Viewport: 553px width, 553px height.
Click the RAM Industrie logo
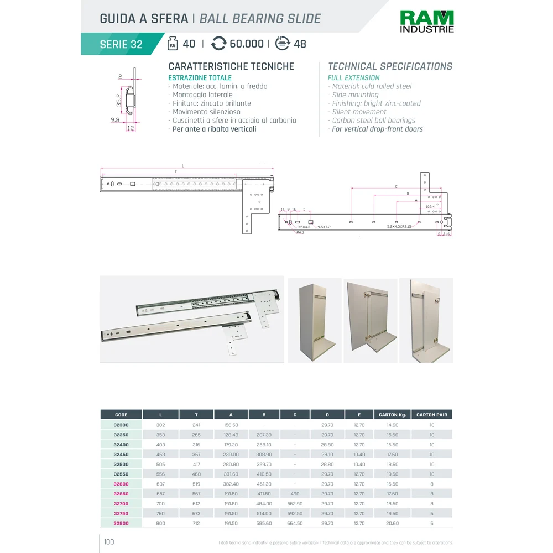coord(426,22)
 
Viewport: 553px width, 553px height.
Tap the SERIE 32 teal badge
coord(121,45)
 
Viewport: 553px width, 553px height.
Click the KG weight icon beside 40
coord(173,44)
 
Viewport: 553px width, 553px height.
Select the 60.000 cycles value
coord(246,44)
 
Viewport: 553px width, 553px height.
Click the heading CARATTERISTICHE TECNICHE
coord(231,66)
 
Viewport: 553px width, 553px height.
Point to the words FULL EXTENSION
coord(353,78)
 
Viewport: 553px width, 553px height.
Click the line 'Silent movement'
coord(359,112)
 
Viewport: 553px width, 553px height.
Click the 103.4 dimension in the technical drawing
coord(430,207)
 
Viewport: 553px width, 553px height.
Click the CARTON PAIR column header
coord(431,415)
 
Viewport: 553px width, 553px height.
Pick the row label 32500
coord(121,465)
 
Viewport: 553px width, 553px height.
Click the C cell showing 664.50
coord(295,523)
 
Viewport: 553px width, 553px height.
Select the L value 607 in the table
coord(160,484)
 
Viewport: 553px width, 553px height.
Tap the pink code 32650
coord(121,494)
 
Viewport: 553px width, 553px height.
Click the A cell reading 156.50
coord(231,425)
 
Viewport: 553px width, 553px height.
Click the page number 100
coord(109,542)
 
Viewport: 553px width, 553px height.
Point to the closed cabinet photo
coord(314,321)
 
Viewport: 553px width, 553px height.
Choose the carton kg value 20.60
coord(392,523)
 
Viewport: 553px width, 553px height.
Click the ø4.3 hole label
coord(300,232)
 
